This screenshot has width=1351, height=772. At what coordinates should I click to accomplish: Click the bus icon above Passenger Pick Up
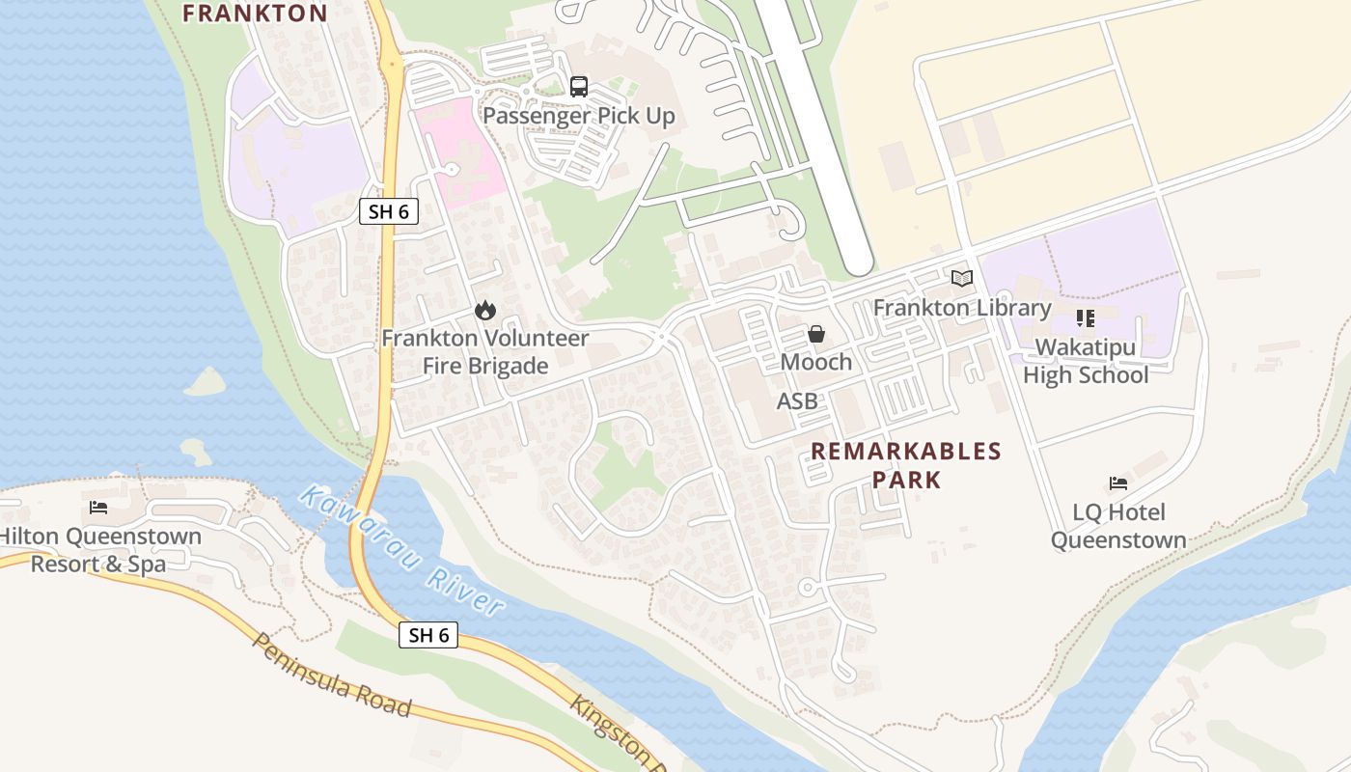tap(578, 87)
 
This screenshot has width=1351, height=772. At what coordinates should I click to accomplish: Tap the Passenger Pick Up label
tap(578, 116)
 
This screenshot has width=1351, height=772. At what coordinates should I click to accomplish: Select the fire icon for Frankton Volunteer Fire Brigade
tap(484, 310)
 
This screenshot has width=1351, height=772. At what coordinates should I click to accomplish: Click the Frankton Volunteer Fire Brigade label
tap(484, 352)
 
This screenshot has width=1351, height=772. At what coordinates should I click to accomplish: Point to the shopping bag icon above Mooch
tap(816, 334)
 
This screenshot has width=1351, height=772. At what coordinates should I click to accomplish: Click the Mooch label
tap(816, 362)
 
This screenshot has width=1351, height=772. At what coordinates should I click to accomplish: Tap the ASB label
tap(797, 401)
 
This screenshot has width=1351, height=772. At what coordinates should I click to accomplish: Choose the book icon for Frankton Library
tap(961, 279)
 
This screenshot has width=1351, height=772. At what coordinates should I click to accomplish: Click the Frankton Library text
tap(961, 308)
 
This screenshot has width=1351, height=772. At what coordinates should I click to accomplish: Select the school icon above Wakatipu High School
tap(1086, 318)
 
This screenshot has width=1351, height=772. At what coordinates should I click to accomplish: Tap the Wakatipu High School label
tap(1086, 361)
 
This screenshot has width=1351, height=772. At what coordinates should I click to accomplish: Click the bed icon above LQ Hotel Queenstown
tap(1118, 483)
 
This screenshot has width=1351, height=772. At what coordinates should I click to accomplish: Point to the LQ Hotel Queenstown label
tap(1118, 526)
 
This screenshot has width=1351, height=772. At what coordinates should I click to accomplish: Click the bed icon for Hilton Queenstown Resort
tap(98, 508)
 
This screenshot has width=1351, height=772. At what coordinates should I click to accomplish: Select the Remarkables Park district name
tap(905, 465)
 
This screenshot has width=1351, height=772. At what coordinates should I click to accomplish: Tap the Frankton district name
tap(255, 13)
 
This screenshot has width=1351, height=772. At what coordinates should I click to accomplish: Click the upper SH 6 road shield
tap(389, 211)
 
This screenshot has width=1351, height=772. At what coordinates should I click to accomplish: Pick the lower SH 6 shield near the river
tap(428, 635)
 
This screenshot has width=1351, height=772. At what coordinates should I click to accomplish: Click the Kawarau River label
tap(401, 551)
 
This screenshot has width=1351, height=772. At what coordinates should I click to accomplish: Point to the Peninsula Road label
tap(331, 675)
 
